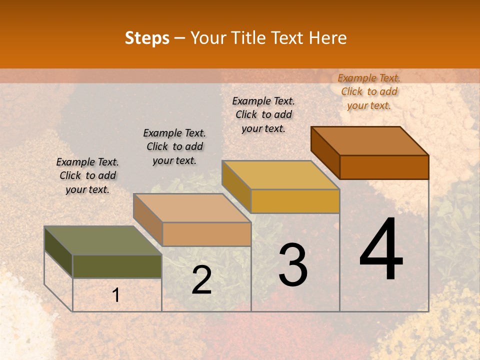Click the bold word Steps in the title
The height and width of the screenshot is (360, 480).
point(147,38)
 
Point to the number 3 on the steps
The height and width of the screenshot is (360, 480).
point(292,265)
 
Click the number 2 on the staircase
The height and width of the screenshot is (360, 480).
point(201,280)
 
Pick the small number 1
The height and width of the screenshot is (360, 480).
point(116,295)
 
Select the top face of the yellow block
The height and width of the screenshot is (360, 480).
point(280,175)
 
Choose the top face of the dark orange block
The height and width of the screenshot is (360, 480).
point(369,141)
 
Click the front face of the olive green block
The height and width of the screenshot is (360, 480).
point(117,266)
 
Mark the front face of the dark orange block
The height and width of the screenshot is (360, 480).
point(384,167)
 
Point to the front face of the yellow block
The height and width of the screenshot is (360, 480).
point(295,201)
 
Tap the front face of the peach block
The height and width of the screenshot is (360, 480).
point(206,234)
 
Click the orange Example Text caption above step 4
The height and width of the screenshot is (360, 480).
point(369,91)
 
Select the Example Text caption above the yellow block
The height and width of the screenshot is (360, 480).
point(263,114)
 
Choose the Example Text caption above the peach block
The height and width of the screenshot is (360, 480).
point(174,146)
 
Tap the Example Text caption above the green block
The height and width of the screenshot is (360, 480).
point(87,175)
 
